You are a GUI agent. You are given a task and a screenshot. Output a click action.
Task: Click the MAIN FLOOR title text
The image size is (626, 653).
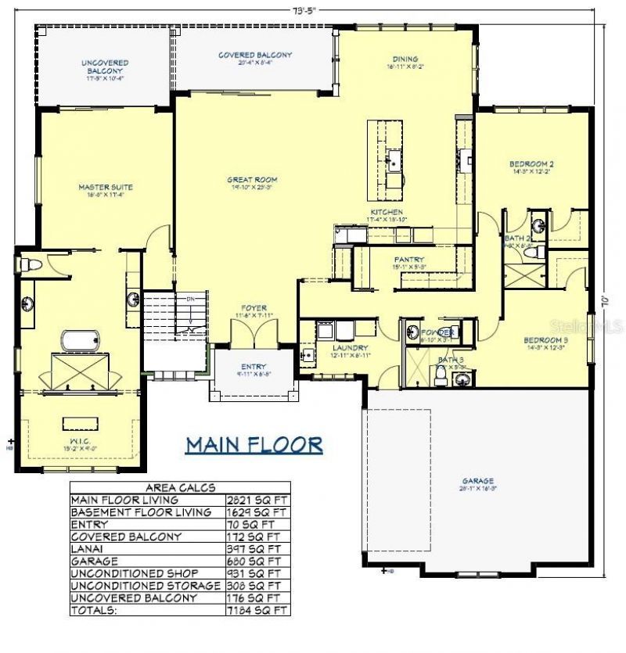(x=254, y=445)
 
